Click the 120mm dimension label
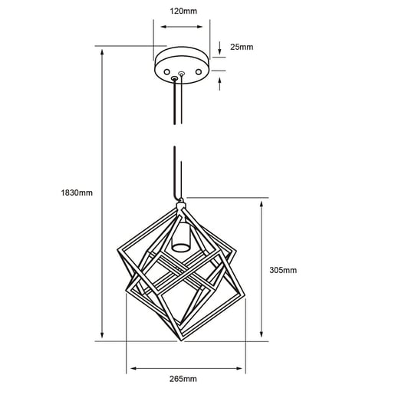point(183,12)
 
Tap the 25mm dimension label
point(242,47)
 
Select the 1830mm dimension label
point(77,193)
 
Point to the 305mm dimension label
point(283,270)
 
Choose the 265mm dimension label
point(183,379)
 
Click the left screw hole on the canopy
point(167,72)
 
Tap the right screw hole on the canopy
point(199,72)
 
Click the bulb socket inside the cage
point(180,237)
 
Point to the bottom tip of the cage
point(181,341)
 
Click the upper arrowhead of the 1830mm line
point(102,52)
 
